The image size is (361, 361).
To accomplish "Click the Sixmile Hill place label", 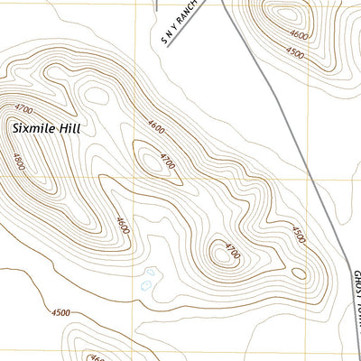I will point(46,129).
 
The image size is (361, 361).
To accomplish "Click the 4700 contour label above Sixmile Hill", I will point(13,107).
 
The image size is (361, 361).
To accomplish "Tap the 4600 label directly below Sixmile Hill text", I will point(19,162).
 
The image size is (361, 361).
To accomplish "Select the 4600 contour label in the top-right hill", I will point(299,37).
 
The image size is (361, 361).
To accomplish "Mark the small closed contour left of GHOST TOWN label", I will point(298,273).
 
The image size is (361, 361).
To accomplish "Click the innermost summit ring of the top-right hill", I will point(287,14).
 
